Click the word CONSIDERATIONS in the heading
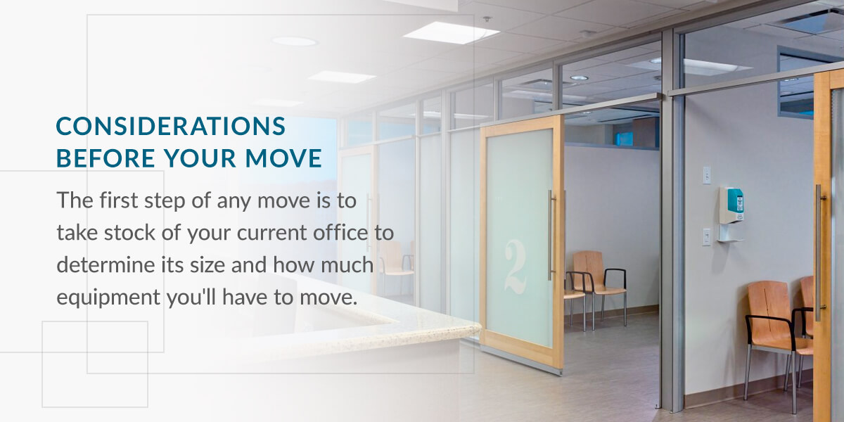[x=171, y=126]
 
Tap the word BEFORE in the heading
[x=105, y=158]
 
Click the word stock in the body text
[x=129, y=233]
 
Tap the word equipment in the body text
[x=108, y=298]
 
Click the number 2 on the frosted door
[x=516, y=267]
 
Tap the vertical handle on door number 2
[x=551, y=236]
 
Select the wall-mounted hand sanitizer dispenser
[x=731, y=214]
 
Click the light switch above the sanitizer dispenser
[x=706, y=175]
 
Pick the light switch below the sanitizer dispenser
[x=706, y=237]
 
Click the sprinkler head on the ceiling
[x=487, y=19]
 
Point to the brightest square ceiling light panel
[x=451, y=32]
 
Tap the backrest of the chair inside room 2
[x=588, y=270]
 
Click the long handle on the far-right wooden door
[x=819, y=252]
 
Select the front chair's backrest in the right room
[x=769, y=309]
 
